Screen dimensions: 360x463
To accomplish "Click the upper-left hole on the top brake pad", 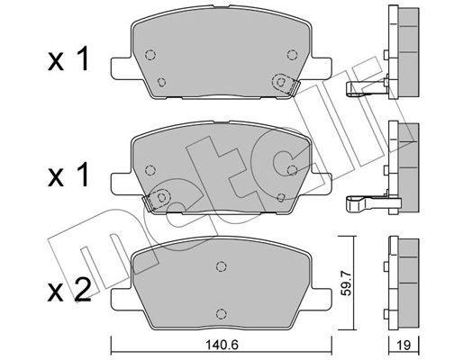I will [150, 51].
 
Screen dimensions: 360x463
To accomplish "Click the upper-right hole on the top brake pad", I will [291, 52].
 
